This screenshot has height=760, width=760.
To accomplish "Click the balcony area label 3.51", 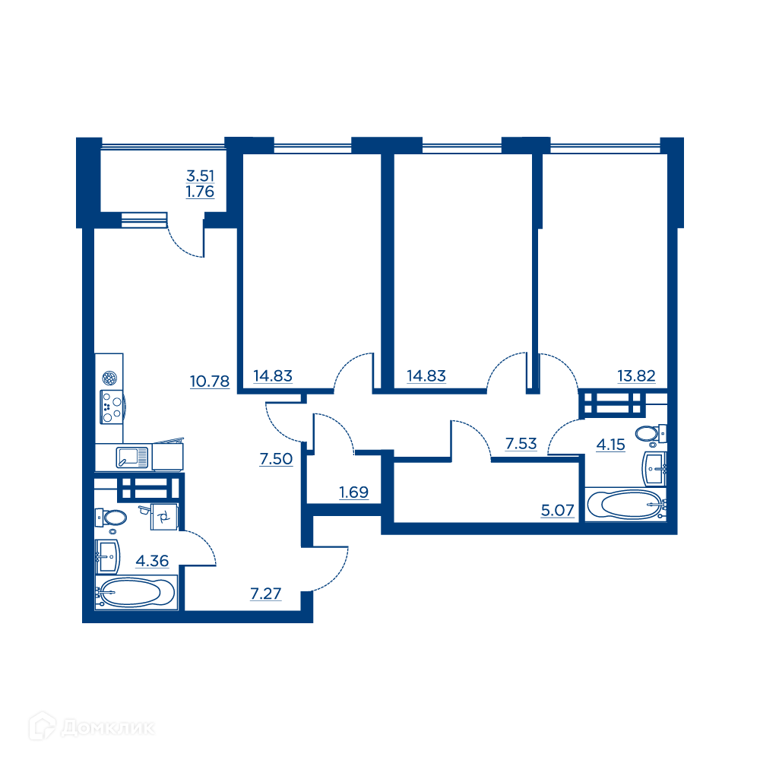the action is tap(200, 176).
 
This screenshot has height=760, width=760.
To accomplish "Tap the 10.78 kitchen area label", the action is tap(210, 382).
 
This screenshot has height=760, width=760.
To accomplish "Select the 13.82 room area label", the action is tap(636, 375).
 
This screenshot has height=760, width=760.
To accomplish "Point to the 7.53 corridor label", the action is tap(521, 444).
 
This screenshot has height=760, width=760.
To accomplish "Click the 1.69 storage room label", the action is tap(353, 492).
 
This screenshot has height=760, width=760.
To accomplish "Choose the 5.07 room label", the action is tap(557, 510).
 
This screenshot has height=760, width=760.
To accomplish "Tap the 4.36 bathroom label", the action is tap(152, 561).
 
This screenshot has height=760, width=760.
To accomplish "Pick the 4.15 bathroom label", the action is tap(611, 445).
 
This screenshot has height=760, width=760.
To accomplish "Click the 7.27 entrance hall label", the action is tap(265, 594).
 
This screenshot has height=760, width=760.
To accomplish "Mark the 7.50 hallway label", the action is tap(276, 458).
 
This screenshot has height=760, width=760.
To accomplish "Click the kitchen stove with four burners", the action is tap(112, 407).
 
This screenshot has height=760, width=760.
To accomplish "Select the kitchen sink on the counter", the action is tap(131, 457).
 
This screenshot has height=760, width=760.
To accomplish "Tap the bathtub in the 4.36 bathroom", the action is tap(136, 592).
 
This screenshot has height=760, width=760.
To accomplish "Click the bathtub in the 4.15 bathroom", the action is tap(625, 505).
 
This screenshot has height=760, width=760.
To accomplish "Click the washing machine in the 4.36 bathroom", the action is tap(164, 517).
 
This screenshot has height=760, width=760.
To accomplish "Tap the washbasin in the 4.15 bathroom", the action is tap(654, 469).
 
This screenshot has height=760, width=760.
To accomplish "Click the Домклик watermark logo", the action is tap(92, 727).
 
